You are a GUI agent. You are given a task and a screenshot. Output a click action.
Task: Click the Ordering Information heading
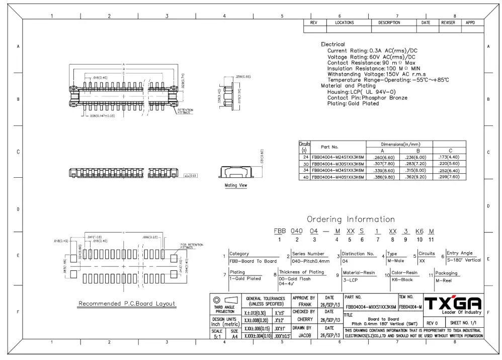pos(351,220)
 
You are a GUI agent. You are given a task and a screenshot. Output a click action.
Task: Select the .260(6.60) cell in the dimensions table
pos(382,158)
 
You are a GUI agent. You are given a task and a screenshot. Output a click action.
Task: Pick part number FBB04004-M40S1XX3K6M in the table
pos(338,177)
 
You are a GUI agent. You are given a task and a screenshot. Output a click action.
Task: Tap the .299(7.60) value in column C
pos(449,177)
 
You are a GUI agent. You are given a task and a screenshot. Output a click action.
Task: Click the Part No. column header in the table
pos(329,147)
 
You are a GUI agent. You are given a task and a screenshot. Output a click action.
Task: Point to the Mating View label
pos(235,186)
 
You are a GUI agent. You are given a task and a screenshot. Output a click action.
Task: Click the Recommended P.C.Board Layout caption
pos(127,304)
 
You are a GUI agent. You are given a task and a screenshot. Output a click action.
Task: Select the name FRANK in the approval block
pos(305,305)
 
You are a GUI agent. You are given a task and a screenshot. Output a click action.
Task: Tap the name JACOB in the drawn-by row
pos(305,335)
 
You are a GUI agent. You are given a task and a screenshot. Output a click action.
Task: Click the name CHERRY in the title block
pos(305,319)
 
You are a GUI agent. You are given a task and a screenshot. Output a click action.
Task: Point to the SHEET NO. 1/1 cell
pos(463,323)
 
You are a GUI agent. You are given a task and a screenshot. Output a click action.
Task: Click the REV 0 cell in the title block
pos(432,323)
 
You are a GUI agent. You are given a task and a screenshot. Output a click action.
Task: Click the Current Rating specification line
pos(372,51)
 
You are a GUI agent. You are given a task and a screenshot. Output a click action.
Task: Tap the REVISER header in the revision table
pos(448,23)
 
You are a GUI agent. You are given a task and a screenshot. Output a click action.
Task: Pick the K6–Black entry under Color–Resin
pos(402,280)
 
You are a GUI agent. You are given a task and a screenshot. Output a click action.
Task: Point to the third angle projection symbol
pos(224,300)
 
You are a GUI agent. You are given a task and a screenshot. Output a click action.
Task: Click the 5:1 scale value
pos(217,337)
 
